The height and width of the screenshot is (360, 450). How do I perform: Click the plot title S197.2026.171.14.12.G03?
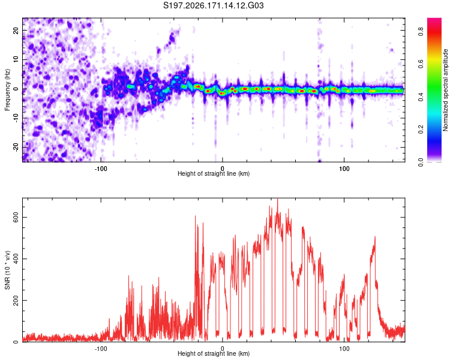coord(213,5)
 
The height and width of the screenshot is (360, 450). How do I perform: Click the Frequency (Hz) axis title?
coord(7,90)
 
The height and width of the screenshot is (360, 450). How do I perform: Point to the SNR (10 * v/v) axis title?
coord(7,270)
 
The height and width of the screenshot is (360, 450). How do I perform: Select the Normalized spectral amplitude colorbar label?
coord(445,90)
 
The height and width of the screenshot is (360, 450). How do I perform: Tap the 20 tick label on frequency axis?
coord(16,31)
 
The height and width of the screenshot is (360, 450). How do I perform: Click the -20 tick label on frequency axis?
coord(16,147)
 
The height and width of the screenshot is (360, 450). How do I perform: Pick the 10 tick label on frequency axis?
coord(16,59)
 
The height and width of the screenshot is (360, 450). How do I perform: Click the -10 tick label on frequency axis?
coord(16,118)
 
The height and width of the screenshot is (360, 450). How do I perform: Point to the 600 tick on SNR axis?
coord(16,218)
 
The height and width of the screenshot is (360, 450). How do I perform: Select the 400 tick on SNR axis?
coord(16,259)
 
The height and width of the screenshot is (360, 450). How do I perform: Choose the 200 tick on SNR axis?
coord(16,300)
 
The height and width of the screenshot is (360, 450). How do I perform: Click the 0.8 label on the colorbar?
coord(421,31)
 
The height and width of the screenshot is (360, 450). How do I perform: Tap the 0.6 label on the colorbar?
coord(421,64)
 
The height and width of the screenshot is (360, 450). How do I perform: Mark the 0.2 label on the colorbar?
coord(421,129)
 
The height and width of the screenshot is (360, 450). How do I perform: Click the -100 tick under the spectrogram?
coord(100,169)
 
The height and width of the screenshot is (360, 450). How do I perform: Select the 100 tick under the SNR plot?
coord(344,349)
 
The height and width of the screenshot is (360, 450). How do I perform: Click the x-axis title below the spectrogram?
coord(214,173)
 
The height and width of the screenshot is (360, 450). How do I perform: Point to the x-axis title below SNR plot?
coord(214,353)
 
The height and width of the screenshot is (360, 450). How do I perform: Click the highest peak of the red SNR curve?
coord(277,199)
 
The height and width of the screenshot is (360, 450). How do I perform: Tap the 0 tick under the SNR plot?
coord(223,349)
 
